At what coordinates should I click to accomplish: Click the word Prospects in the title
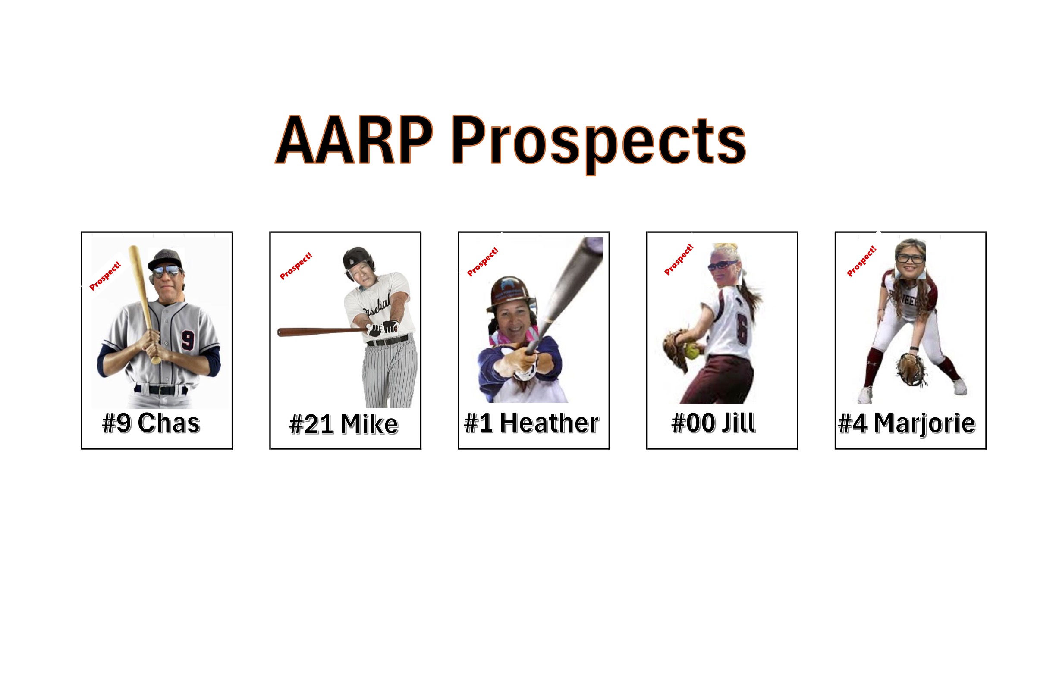click(x=599, y=144)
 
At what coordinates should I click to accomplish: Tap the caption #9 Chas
click(x=151, y=423)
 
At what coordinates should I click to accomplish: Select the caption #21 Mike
click(x=343, y=424)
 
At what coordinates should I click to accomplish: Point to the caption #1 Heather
click(x=531, y=423)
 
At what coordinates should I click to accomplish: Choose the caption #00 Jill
click(x=713, y=423)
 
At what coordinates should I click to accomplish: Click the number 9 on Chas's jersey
click(x=188, y=340)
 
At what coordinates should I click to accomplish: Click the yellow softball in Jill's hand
click(x=693, y=351)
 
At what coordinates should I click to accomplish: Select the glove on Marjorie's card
click(x=911, y=369)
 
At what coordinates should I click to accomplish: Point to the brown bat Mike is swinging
click(x=323, y=332)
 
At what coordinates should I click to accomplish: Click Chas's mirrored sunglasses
click(x=167, y=271)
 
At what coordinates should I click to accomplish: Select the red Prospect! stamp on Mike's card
click(x=296, y=266)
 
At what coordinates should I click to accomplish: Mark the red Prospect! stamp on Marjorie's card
click(x=861, y=261)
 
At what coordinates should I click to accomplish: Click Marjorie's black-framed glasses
click(x=911, y=258)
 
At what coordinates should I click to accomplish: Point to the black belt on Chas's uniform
click(x=160, y=390)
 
